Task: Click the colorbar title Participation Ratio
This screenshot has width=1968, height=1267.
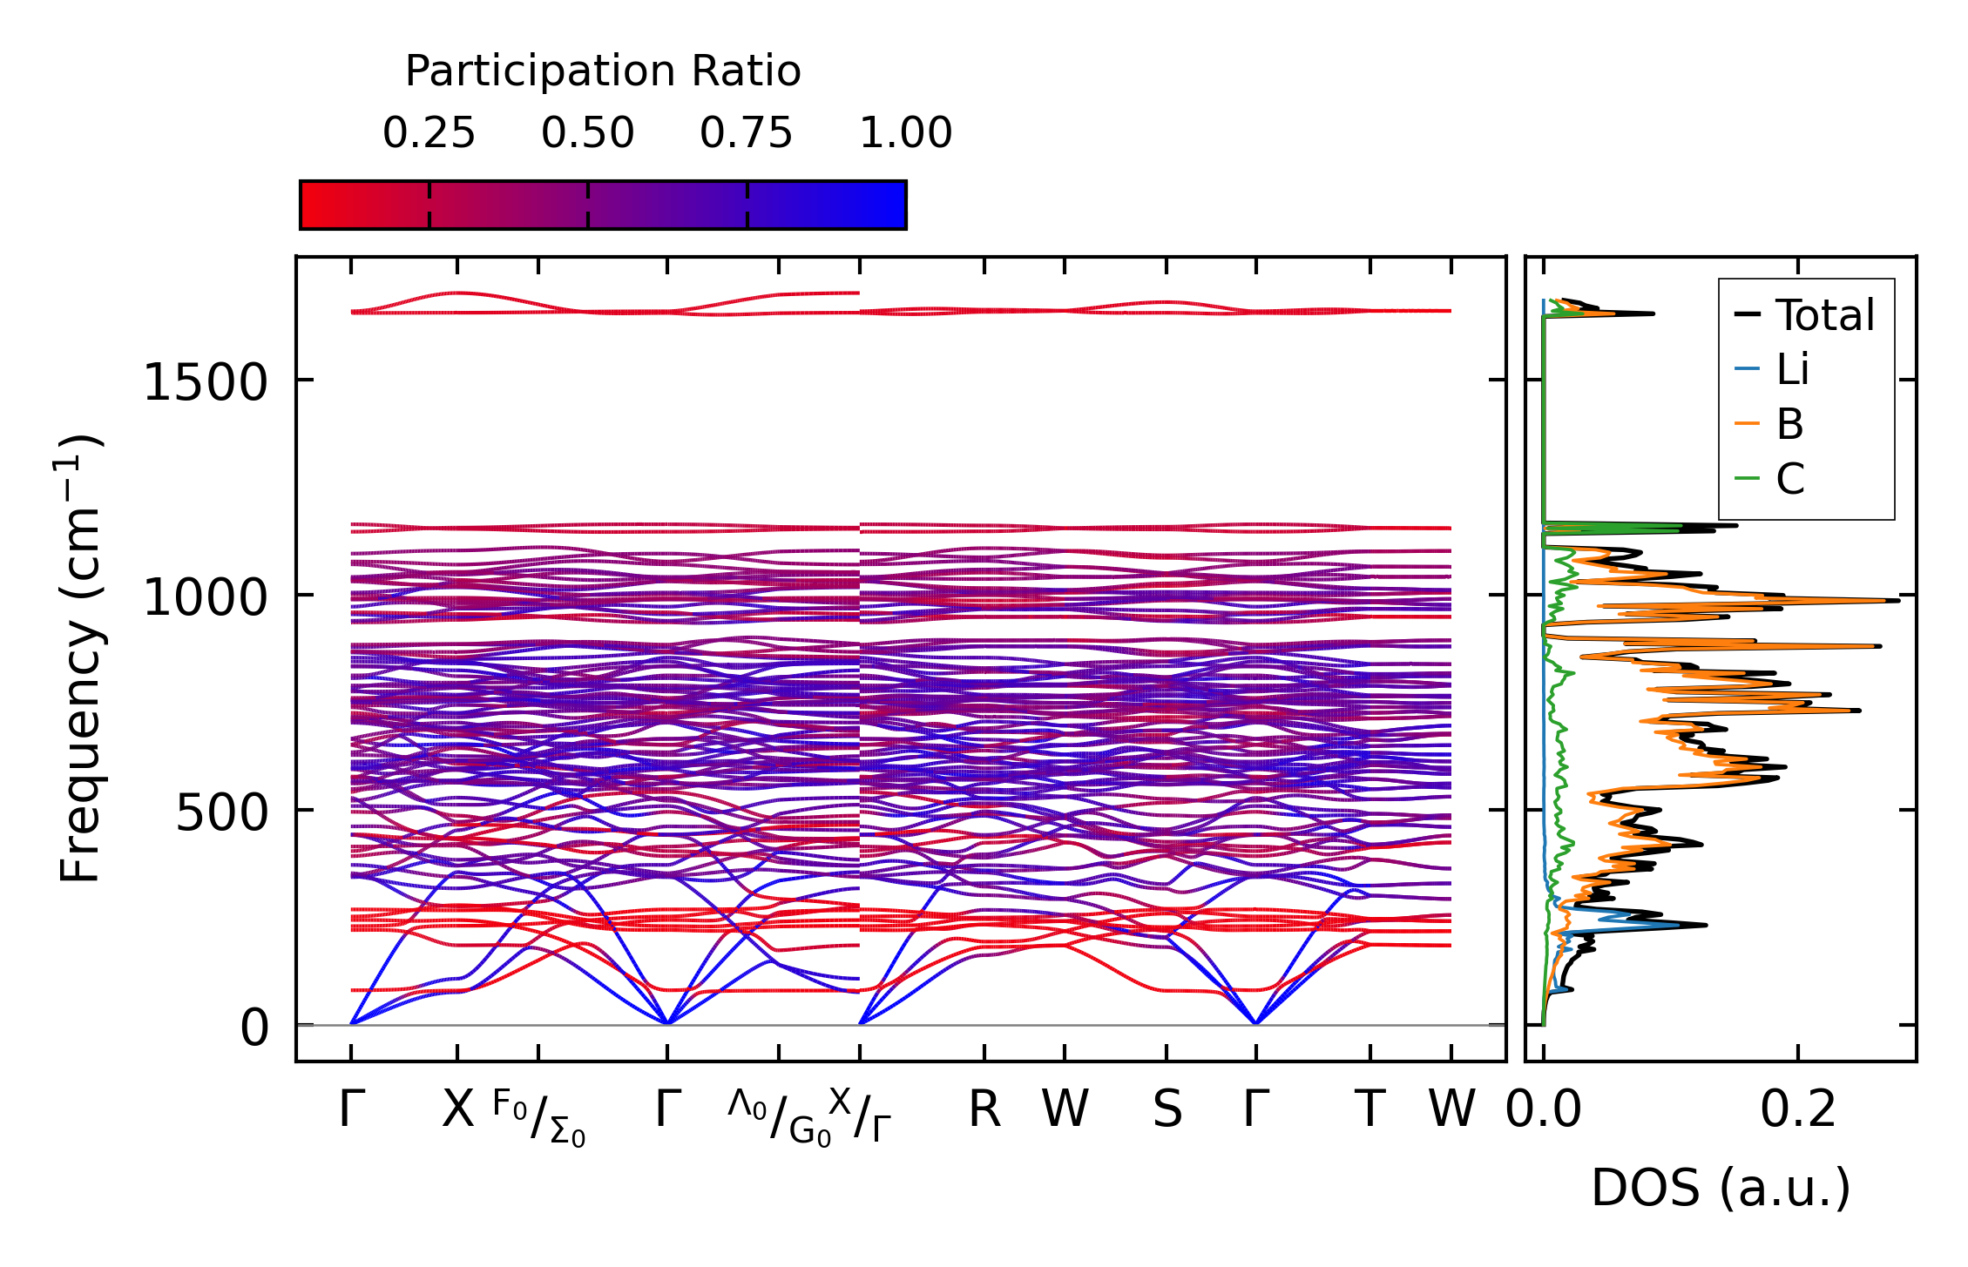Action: click(x=602, y=71)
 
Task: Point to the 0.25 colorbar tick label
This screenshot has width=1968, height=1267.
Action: click(x=429, y=134)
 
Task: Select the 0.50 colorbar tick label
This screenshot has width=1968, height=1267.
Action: click(x=587, y=134)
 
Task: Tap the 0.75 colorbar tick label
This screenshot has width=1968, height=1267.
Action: click(x=746, y=134)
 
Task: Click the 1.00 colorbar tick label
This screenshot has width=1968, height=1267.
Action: click(x=905, y=134)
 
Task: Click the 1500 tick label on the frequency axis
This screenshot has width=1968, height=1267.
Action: click(x=205, y=383)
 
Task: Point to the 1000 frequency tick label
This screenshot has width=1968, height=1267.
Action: click(x=205, y=598)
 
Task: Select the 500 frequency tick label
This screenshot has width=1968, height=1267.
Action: click(x=221, y=813)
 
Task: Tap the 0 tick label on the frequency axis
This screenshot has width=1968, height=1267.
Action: click(x=255, y=1028)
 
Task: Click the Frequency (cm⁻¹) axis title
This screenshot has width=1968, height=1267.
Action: click(x=80, y=658)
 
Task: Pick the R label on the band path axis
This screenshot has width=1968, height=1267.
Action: click(x=984, y=1110)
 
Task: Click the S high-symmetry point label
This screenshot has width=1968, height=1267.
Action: click(x=1167, y=1110)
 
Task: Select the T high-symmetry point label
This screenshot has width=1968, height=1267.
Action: click(x=1369, y=1110)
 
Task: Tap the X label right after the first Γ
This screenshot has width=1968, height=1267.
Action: click(x=457, y=1110)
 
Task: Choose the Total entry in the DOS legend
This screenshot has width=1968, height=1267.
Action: click(x=1824, y=315)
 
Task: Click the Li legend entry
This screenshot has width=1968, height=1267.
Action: click(x=1792, y=370)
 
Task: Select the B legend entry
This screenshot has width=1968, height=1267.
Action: click(x=1789, y=425)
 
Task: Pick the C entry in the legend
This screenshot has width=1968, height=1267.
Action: click(x=1789, y=479)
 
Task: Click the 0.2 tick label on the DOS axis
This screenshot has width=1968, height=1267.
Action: click(x=1797, y=1110)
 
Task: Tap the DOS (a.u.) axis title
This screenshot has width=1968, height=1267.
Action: click(x=1721, y=1189)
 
